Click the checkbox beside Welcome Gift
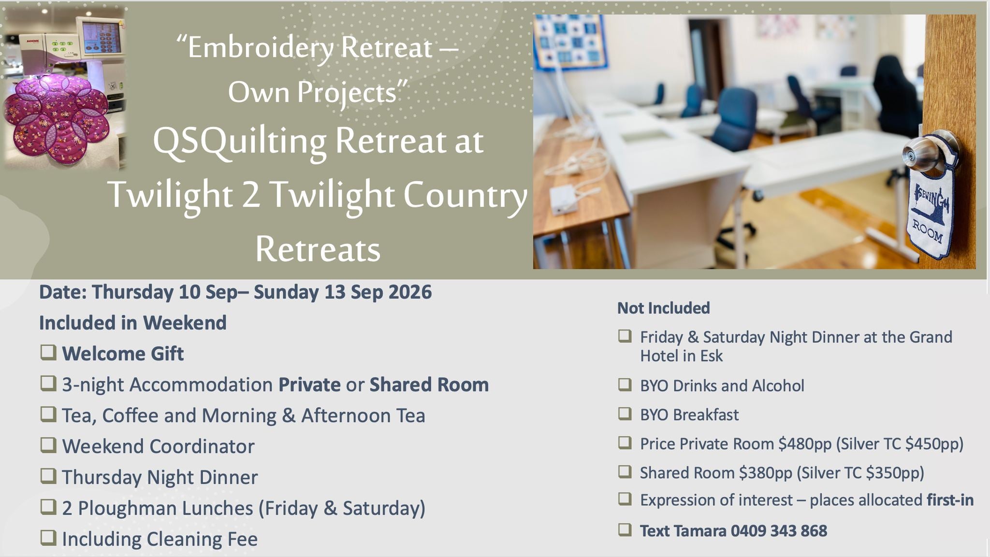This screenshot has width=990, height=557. [48, 353]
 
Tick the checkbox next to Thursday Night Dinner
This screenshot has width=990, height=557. [48, 476]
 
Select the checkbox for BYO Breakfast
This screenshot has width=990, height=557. [625, 414]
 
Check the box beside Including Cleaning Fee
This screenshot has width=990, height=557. [48, 538]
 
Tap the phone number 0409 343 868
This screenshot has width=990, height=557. [779, 531]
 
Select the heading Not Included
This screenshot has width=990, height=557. [664, 308]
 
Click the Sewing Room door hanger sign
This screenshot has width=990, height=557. [930, 203]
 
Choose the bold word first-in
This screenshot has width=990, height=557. [950, 500]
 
